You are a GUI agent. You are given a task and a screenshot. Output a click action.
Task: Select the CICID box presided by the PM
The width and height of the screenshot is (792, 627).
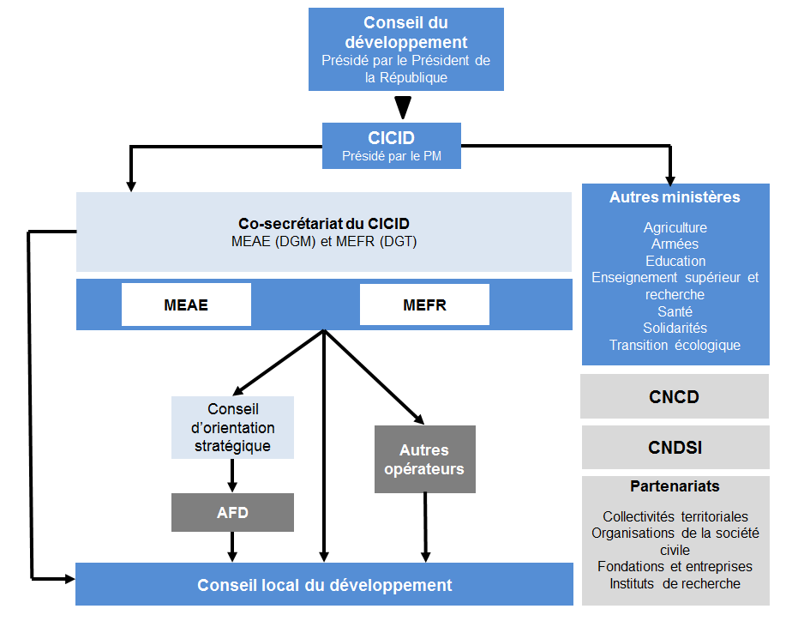click(x=391, y=145)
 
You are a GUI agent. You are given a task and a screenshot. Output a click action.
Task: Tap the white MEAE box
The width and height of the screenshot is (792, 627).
click(x=186, y=305)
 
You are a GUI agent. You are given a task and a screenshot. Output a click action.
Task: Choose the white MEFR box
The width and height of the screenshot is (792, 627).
click(x=424, y=305)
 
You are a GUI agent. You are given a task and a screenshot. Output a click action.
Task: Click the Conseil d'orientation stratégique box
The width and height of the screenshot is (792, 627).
click(x=233, y=427)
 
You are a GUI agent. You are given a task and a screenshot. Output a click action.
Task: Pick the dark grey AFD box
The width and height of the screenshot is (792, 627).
click(x=232, y=513)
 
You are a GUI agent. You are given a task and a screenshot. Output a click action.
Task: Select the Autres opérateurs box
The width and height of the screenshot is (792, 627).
click(x=424, y=460)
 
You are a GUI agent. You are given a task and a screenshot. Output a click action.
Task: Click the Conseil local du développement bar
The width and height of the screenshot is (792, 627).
click(x=324, y=585)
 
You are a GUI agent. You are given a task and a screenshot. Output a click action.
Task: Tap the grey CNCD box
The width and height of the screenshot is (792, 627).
click(x=674, y=397)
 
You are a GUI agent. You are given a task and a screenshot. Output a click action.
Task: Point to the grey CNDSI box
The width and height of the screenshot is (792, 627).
click(x=674, y=447)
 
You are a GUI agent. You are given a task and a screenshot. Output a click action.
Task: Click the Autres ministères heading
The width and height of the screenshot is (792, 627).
click(x=675, y=197)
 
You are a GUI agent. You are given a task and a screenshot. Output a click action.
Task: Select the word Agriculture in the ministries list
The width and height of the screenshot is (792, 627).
click(x=675, y=228)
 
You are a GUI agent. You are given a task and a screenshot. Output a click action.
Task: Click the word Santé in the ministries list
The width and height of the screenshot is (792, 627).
click(x=675, y=311)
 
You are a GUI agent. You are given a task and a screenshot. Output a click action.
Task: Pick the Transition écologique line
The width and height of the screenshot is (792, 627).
click(x=675, y=345)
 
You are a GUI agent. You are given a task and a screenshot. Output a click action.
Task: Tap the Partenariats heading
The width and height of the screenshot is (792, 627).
click(x=675, y=486)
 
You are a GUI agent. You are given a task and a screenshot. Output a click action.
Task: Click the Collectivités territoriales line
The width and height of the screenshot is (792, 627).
click(x=675, y=516)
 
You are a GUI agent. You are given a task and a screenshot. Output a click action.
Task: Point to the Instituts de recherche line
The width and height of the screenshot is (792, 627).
click(x=675, y=583)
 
